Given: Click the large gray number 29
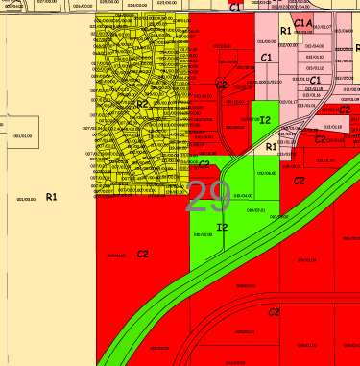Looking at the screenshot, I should click(208, 196).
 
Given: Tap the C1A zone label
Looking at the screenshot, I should click(302, 22).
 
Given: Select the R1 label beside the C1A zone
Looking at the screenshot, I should click(285, 31).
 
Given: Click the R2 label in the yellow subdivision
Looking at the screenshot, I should click(142, 104).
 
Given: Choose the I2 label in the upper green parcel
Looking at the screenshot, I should click(265, 120).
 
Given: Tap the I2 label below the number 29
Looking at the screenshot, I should click(223, 227).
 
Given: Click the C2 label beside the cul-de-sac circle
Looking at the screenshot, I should click(221, 85).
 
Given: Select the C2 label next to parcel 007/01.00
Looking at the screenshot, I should click(142, 254).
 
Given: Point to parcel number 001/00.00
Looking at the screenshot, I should click(26, 200).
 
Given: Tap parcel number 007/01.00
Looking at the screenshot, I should click(117, 255).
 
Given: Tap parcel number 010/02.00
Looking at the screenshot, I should click(203, 233).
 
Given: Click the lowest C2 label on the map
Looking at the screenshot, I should click(274, 313).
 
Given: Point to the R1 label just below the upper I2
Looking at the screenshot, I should click(272, 146).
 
